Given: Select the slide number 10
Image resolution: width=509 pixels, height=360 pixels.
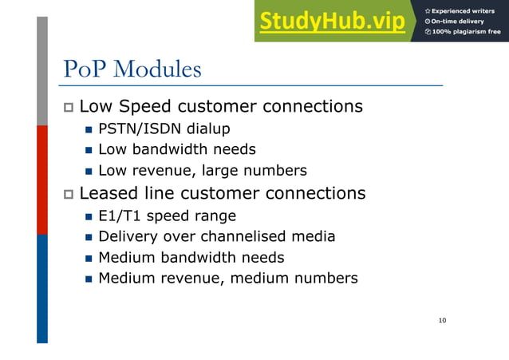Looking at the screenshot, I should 442,321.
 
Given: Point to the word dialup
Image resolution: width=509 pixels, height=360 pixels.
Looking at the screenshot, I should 208,128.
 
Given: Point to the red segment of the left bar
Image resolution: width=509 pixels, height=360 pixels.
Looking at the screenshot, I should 42,180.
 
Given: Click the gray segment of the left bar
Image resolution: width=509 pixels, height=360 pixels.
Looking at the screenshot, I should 42,72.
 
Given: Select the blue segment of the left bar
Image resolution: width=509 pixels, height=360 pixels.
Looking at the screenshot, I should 42,287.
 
